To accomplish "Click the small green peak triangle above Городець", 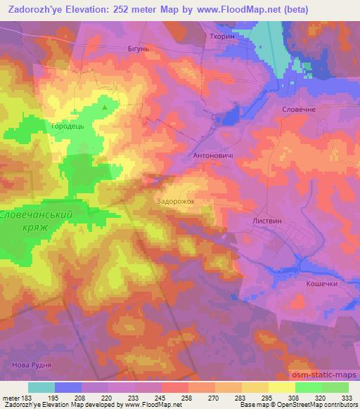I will click(105, 108).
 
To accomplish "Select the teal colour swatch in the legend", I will click(41, 387).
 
